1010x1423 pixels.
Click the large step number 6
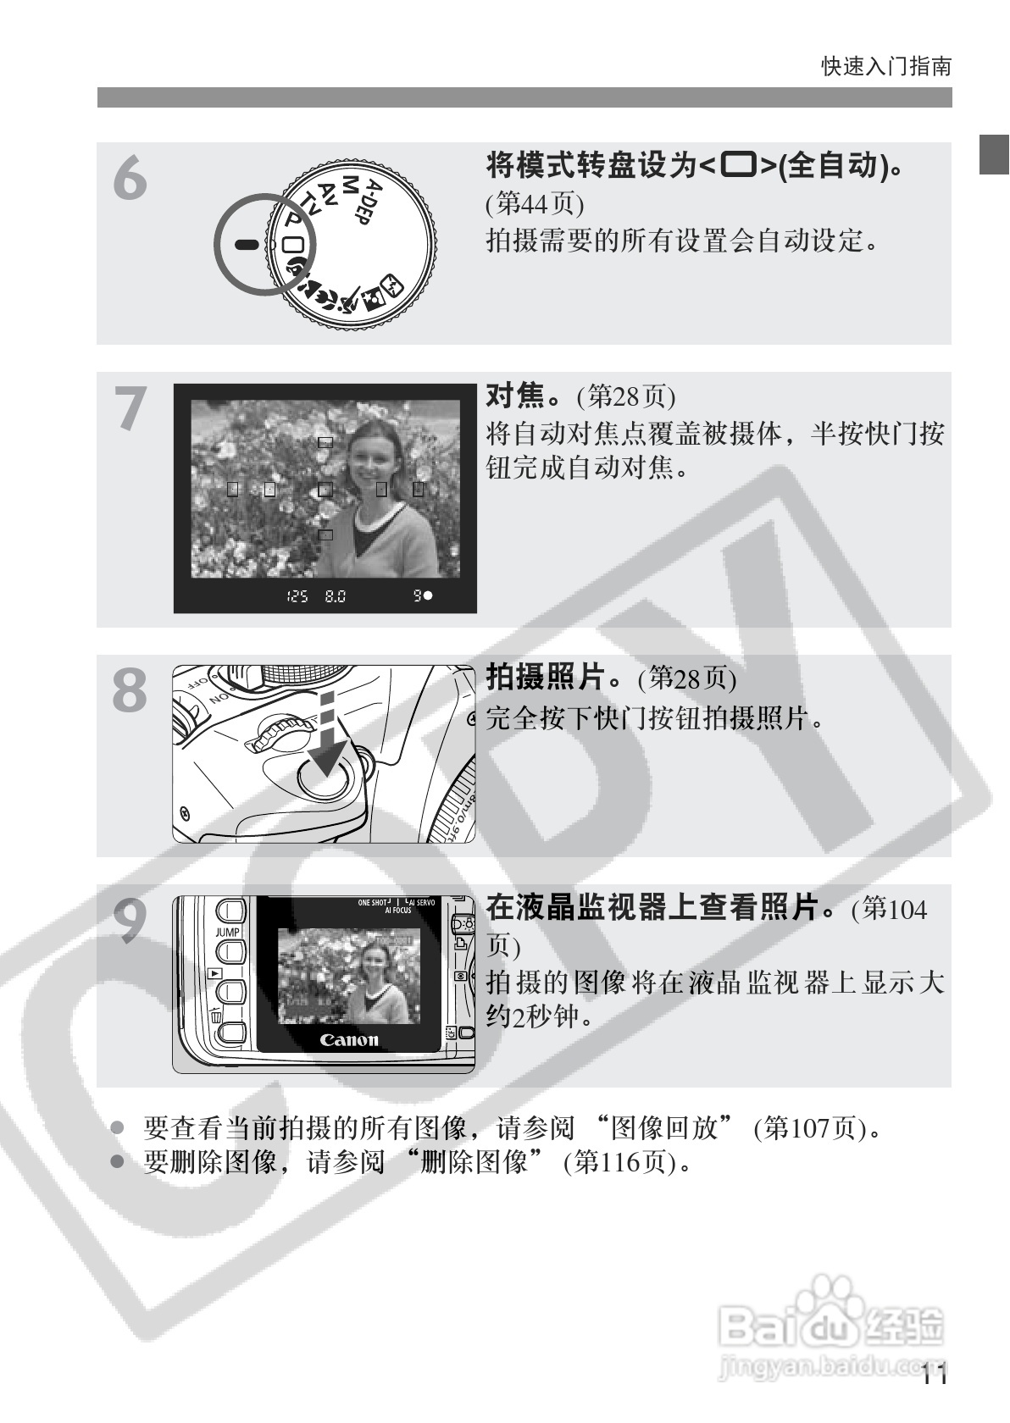[130, 179]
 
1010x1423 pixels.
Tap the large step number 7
[130, 407]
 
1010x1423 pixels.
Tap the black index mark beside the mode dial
[246, 244]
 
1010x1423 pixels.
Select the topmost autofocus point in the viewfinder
[325, 442]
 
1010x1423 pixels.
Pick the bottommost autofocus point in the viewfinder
[325, 535]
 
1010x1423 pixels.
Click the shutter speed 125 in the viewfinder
[297, 596]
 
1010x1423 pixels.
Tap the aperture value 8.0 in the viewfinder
[335, 596]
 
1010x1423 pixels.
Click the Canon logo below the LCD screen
[349, 1040]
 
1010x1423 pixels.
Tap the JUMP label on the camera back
[228, 932]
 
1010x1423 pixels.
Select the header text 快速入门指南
[886, 66]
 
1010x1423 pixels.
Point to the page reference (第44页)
[536, 203]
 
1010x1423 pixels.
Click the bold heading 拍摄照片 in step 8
[546, 677]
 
